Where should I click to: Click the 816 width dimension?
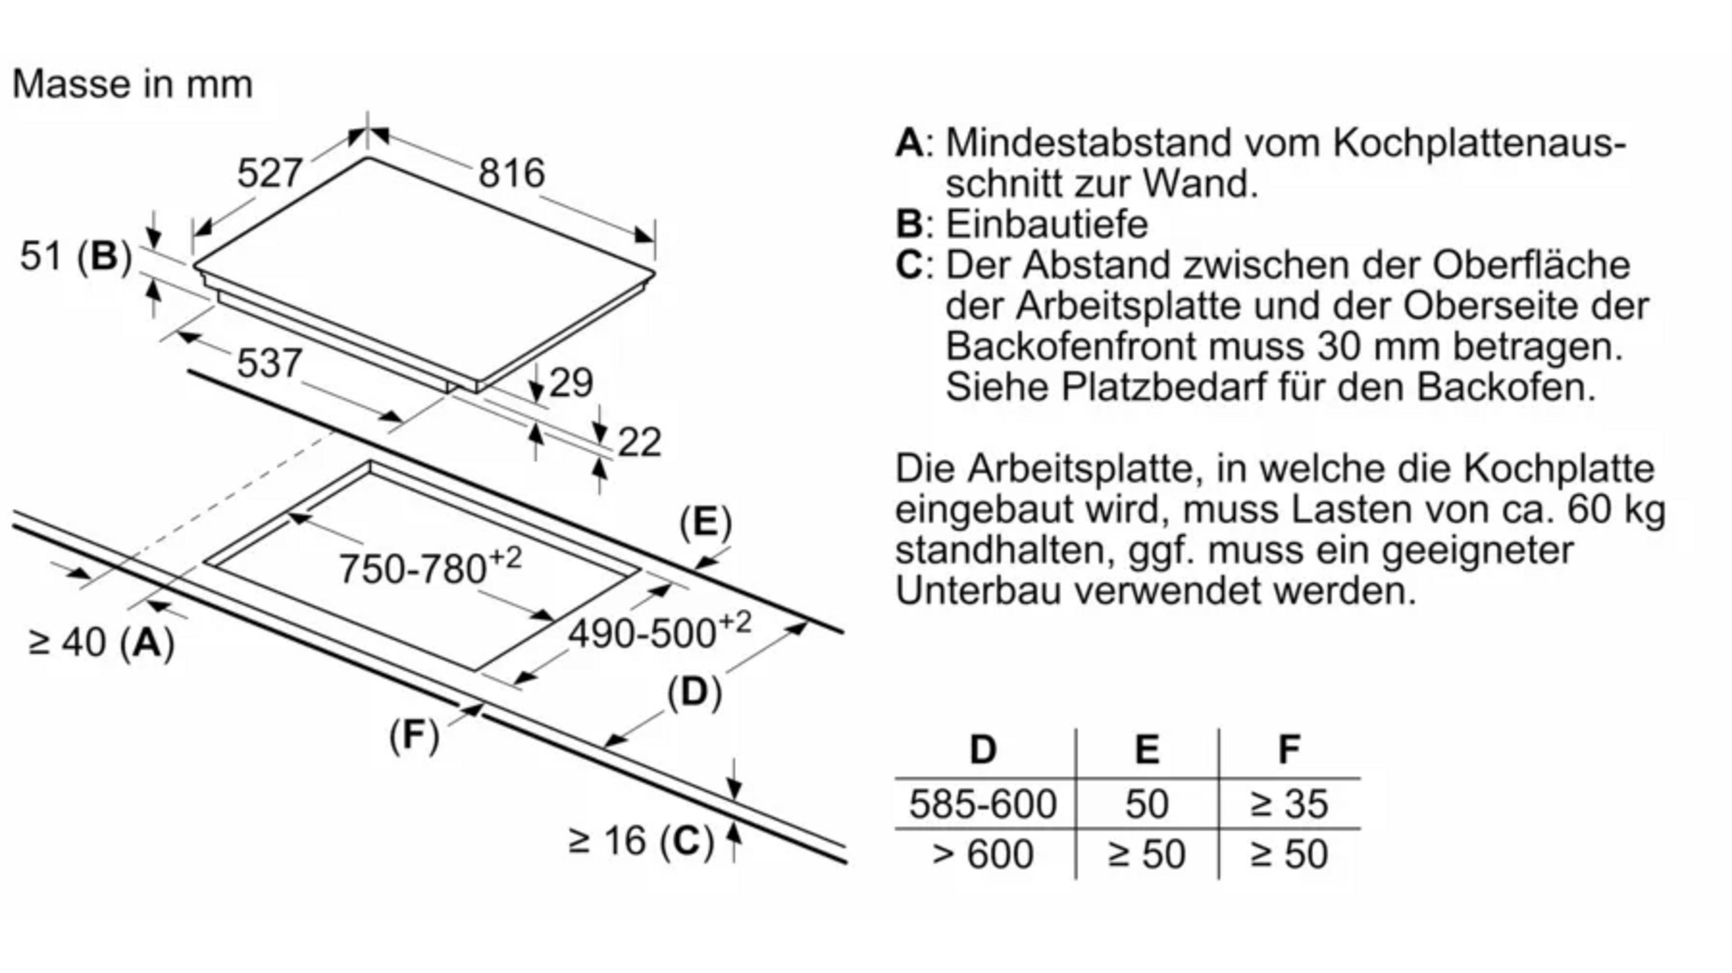[511, 173]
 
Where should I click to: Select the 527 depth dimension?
[270, 173]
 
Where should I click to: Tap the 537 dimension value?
[270, 364]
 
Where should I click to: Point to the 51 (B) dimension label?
[75, 256]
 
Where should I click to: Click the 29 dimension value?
[571, 383]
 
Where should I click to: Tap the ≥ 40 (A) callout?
[101, 642]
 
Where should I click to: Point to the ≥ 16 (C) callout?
[641, 841]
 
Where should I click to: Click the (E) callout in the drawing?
[705, 523]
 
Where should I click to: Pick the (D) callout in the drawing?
[694, 692]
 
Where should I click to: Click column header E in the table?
[1147, 749]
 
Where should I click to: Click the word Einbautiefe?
[1047, 224]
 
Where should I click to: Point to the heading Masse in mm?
[132, 84]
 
